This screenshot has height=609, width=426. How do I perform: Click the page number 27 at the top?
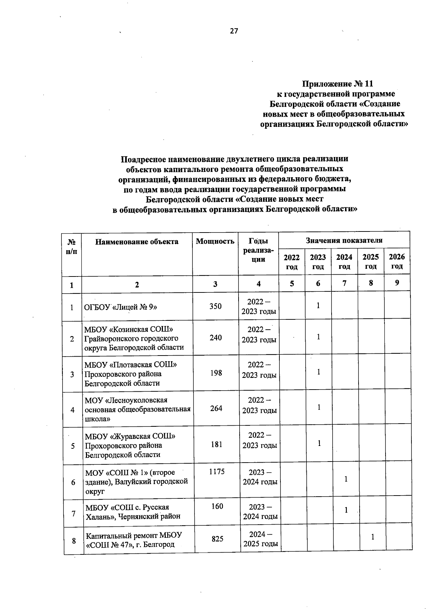234,31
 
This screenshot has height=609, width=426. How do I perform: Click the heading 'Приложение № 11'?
337,84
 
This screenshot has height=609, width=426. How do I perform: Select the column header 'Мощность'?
215,241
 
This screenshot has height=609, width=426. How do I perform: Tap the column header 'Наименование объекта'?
137,242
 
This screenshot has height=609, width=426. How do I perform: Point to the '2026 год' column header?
397,261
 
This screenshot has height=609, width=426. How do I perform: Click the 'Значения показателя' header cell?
344,240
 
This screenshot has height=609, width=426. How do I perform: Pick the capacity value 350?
215,306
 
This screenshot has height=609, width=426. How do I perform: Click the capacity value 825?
217,538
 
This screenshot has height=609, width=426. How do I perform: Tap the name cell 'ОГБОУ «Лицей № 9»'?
121,307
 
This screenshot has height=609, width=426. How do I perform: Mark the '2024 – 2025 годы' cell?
261,538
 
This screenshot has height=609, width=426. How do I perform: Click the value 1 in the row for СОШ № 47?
373,537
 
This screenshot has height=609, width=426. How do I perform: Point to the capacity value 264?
216,408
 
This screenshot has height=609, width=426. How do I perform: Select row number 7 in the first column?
73,513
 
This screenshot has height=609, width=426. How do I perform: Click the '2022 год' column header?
291,262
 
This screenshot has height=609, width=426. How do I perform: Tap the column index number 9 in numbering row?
397,283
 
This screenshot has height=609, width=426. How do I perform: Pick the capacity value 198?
216,373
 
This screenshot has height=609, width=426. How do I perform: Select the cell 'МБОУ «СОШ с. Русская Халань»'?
133,512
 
